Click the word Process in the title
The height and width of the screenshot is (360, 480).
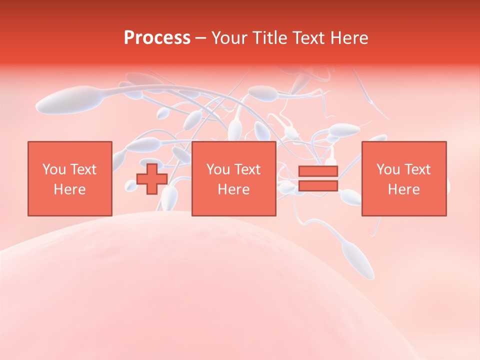pyautogui.click(x=157, y=38)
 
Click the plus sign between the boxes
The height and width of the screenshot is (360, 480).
pyautogui.click(x=152, y=179)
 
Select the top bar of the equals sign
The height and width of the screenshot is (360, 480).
pyautogui.click(x=318, y=171)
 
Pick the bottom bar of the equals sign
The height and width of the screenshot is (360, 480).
pyautogui.click(x=318, y=186)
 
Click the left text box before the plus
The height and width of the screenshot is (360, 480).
pyautogui.click(x=69, y=178)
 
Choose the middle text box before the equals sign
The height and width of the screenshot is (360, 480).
pyautogui.click(x=233, y=178)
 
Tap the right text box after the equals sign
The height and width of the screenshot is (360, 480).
pyautogui.click(x=404, y=178)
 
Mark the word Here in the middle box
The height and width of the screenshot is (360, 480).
pyautogui.click(x=233, y=189)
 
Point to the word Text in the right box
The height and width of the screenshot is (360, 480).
pyautogui.click(x=417, y=169)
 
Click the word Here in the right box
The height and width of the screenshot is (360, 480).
pyautogui.click(x=404, y=189)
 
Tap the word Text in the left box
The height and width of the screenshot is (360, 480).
pyautogui.click(x=83, y=169)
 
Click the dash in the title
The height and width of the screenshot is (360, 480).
pyautogui.click(x=201, y=38)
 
